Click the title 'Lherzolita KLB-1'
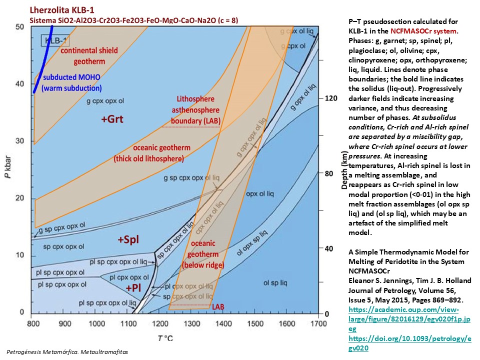coord(62,9)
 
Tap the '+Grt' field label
coord(111,119)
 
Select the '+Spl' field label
coord(128,239)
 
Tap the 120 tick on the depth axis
coord(332,98)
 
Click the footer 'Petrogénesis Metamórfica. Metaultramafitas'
coord(67,352)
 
